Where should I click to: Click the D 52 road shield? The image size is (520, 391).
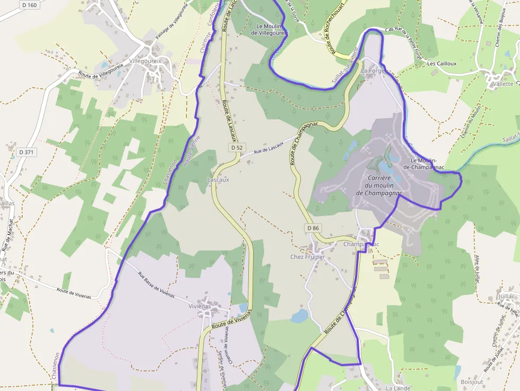tap(237, 147)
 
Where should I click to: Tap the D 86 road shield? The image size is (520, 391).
tap(313, 228)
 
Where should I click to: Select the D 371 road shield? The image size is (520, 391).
tap(26, 152)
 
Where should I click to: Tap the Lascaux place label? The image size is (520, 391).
tap(218, 180)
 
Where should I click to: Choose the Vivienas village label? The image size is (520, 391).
tap(200, 306)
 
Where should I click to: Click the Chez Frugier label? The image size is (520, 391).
tap(307, 257)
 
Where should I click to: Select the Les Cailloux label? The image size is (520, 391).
tap(442, 64)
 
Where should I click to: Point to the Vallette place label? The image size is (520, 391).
tap(503, 84)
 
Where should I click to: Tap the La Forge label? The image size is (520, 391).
tap(372, 71)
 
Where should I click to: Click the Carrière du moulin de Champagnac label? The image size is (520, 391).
tap(379, 185)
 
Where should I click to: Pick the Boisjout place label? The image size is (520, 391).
tap(472, 381)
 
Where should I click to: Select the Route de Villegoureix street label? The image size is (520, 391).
tap(101, 67)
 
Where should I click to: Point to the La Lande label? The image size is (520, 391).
tap(398, 388)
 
